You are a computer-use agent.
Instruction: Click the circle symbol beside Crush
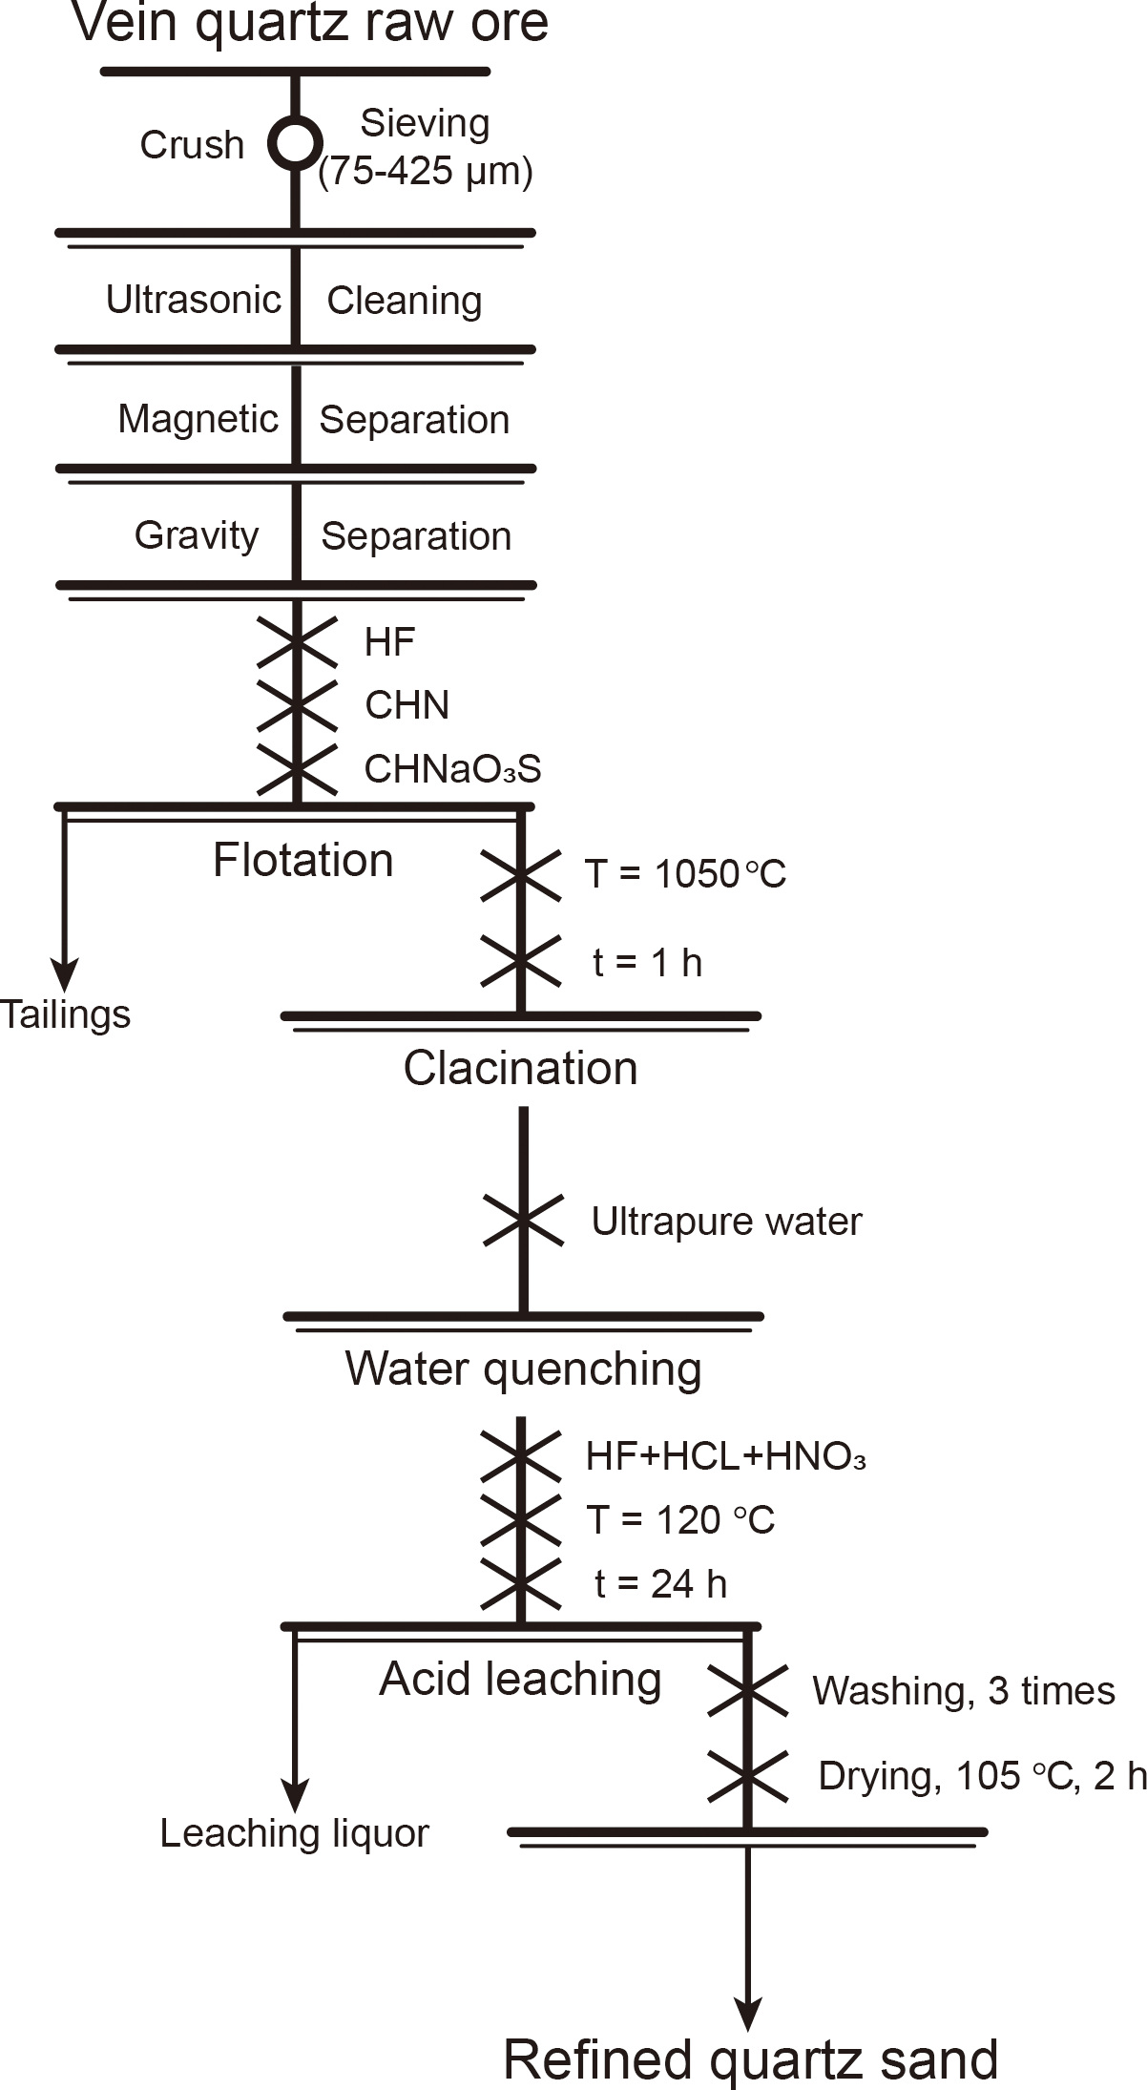point(295,142)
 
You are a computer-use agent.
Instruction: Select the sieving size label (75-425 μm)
point(426,172)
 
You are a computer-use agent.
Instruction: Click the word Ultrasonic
point(194,300)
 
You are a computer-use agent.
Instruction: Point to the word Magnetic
point(198,419)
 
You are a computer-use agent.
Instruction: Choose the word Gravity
point(197,535)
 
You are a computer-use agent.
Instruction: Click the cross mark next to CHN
point(297,704)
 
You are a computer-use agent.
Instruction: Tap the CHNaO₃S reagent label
point(452,769)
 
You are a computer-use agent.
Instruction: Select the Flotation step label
point(302,860)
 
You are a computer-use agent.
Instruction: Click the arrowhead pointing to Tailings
point(64,976)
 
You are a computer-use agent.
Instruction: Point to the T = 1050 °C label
point(685,874)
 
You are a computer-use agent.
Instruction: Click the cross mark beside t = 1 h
point(521,960)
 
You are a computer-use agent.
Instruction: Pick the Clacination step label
point(520,1068)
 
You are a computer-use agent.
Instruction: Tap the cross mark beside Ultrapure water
point(523,1221)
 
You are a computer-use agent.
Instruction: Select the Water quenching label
point(523,1369)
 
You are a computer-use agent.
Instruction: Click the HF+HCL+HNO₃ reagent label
point(725,1456)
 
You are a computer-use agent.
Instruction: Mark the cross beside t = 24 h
point(521,1583)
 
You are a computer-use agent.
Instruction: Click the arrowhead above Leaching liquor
point(295,1795)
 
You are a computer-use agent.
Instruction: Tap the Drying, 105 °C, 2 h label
point(981,1776)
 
